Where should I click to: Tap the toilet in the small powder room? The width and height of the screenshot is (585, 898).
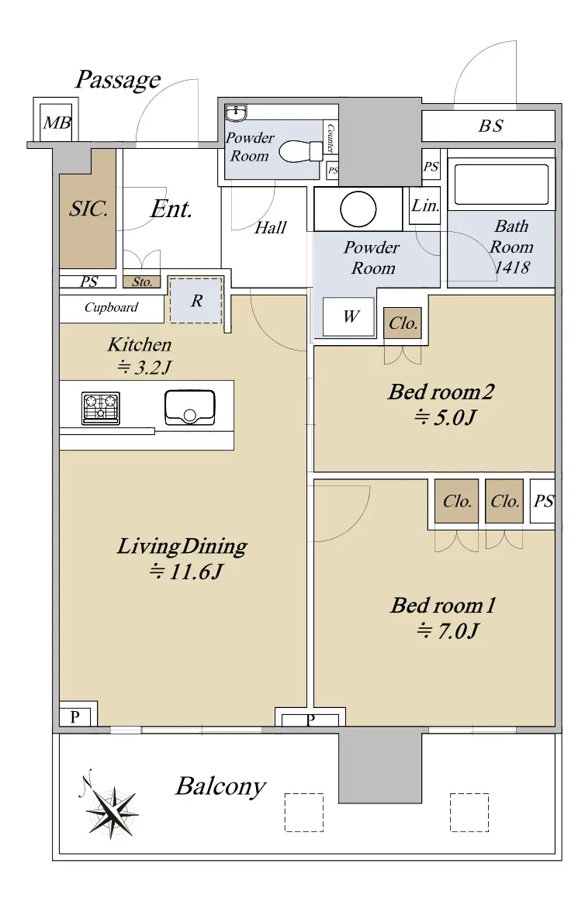[x=301, y=151]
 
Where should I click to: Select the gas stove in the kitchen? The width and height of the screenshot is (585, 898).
[x=101, y=409]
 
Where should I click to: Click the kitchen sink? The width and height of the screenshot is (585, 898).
[x=190, y=407]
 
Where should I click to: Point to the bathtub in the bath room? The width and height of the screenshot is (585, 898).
[x=501, y=185]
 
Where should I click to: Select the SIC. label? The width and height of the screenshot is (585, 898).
[x=88, y=209]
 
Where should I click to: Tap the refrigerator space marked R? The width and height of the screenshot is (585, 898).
[x=196, y=301]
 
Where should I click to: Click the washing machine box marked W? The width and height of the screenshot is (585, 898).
[x=348, y=316]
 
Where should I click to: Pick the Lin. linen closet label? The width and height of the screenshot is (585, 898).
[x=425, y=206]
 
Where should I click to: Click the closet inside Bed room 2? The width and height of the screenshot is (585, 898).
[x=403, y=323]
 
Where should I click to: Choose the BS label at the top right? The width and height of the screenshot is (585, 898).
[x=491, y=126]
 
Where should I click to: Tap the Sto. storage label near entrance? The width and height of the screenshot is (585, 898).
[x=141, y=281]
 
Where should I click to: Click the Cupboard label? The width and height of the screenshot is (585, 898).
[x=111, y=308]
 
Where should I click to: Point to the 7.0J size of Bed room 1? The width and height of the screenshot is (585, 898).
[x=448, y=631]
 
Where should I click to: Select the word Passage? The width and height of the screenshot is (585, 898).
[x=118, y=80]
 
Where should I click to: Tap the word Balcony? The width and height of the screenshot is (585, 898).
[x=220, y=787]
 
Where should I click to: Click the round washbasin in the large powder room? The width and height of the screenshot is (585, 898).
[x=358, y=209]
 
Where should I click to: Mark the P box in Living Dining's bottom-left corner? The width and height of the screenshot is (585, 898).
[x=75, y=717]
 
